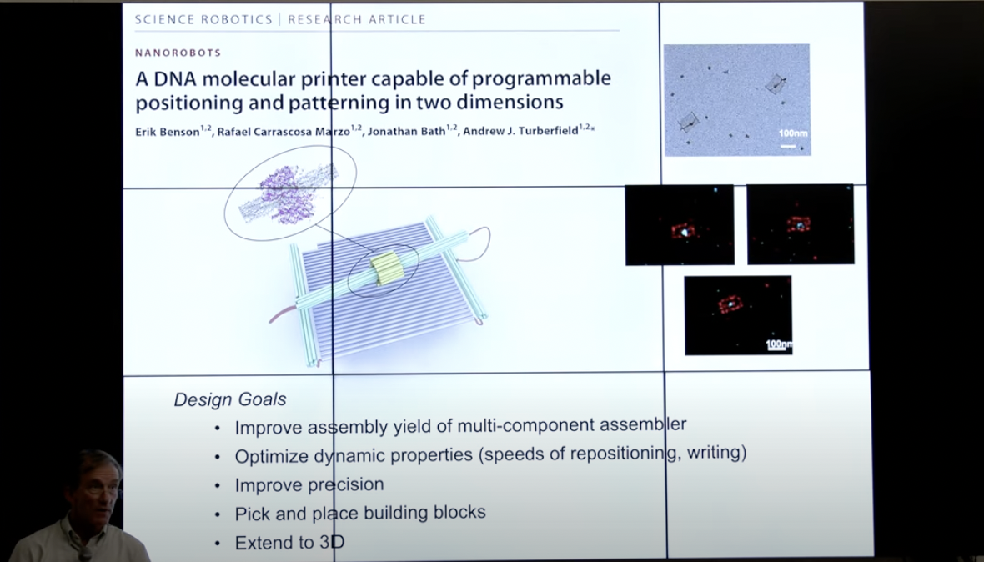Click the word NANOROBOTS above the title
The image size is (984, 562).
[x=178, y=53]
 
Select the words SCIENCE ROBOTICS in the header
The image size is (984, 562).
[x=204, y=19]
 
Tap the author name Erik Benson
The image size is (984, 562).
[x=168, y=132]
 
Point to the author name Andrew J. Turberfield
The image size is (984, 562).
[x=521, y=131]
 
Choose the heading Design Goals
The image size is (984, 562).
[x=230, y=399]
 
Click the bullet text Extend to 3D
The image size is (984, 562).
[x=290, y=543]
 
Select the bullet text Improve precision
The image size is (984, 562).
[x=309, y=484]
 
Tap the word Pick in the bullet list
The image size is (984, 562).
[x=253, y=514]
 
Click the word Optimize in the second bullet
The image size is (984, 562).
[x=271, y=456]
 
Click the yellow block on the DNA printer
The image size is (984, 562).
[x=384, y=269]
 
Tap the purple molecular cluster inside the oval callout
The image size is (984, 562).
[x=288, y=193]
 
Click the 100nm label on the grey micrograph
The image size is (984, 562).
[x=793, y=133]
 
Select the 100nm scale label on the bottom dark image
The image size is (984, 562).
[x=780, y=344]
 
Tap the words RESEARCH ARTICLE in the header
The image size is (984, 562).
[x=356, y=19]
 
